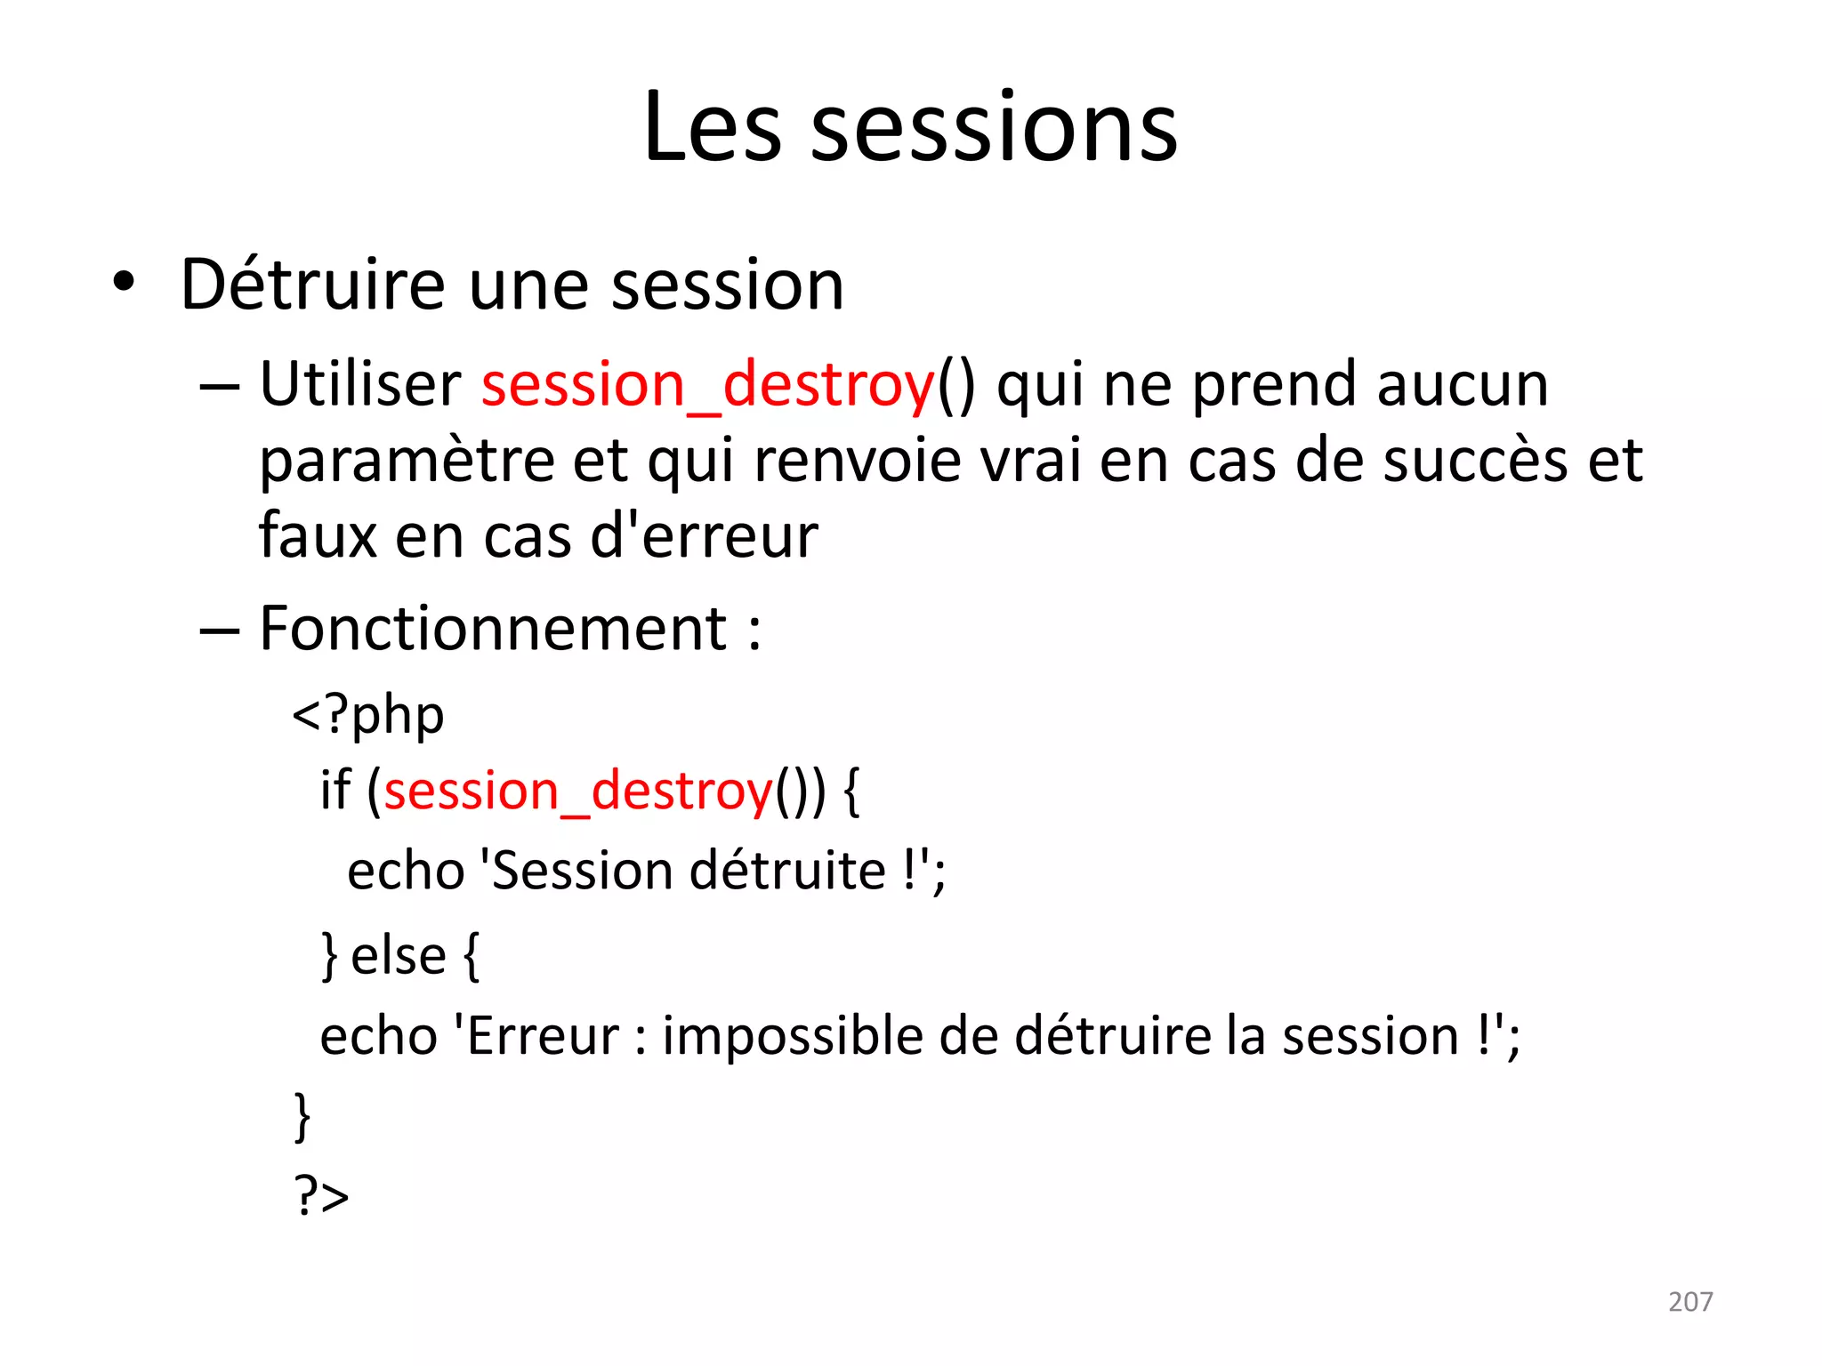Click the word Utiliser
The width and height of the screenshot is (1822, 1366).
point(359,385)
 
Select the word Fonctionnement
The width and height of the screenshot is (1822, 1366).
point(494,629)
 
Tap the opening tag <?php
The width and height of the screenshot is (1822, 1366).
point(368,716)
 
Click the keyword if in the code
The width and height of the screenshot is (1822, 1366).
point(335,791)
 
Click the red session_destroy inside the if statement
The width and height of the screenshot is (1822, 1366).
point(578,791)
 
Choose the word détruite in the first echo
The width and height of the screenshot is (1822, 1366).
point(787,870)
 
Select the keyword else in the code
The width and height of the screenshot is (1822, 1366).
point(398,956)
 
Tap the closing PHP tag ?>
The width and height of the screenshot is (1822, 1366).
point(321,1195)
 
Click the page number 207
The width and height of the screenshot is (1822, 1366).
point(1689,1302)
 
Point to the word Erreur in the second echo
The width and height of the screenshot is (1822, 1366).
point(543,1037)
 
